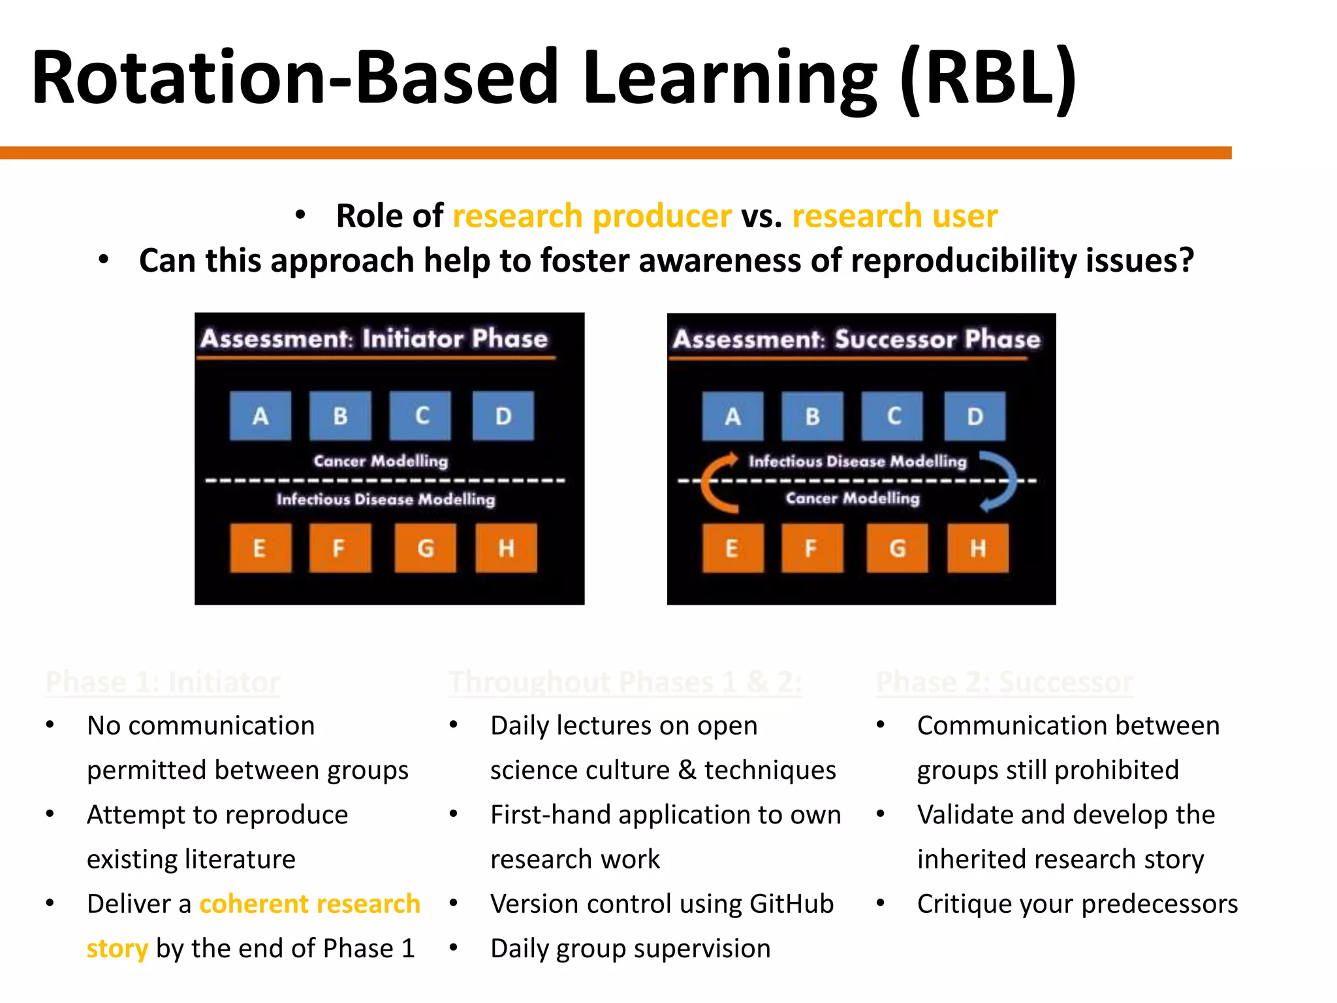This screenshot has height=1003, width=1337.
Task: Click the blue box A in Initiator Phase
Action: [x=260, y=416]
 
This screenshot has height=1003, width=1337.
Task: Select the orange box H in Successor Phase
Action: [x=977, y=549]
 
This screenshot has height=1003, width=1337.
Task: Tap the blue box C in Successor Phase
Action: [x=892, y=416]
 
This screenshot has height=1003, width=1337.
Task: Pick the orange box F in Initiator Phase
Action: [x=339, y=549]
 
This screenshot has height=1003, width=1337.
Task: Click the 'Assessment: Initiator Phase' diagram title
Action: [x=374, y=338]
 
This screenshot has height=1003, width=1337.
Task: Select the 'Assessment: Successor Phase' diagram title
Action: [x=857, y=339]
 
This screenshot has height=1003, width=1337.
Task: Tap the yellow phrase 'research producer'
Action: [x=592, y=216]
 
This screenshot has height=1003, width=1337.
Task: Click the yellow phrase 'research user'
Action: [x=895, y=216]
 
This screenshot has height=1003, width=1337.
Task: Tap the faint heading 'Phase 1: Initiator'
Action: [x=163, y=682]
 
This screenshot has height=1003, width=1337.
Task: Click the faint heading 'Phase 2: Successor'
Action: [x=1004, y=682]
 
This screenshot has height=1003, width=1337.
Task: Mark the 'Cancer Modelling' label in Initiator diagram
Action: [x=381, y=461]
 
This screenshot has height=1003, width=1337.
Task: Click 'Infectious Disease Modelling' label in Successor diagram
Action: [x=857, y=461]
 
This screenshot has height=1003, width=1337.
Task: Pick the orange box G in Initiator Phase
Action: [x=425, y=549]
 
